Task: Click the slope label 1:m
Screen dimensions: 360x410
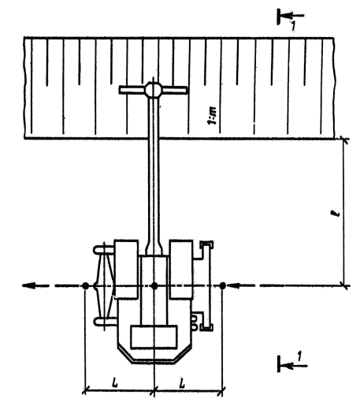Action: pos(212,115)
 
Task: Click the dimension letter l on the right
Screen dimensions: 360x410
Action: pos(336,213)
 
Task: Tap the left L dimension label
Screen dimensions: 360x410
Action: pos(115,382)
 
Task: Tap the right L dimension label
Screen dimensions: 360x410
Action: pos(182,382)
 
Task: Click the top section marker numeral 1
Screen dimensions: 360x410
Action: pos(293,26)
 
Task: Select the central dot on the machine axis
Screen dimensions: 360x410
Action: pos(154,285)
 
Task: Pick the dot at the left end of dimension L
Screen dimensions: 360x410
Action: pos(85,285)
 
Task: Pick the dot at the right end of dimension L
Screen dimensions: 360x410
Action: pos(222,285)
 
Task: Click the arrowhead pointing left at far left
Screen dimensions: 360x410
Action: pos(28,285)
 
